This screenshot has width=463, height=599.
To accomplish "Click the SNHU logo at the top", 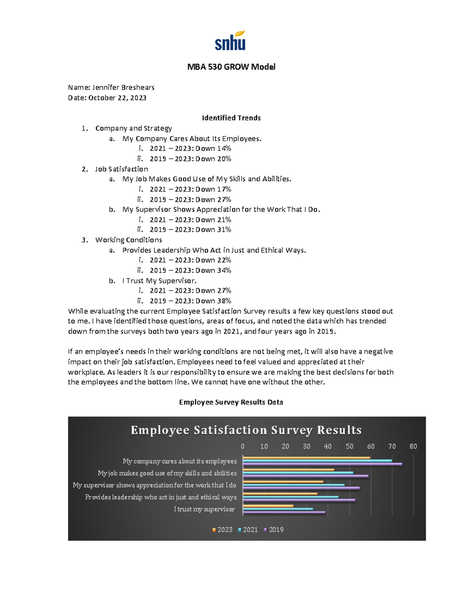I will [230, 40].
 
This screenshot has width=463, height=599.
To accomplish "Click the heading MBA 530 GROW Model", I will [231, 67].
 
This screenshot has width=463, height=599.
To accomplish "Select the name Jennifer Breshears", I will [123, 88].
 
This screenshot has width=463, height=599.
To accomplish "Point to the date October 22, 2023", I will [117, 98].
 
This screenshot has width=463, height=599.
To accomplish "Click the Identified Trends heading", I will [231, 118].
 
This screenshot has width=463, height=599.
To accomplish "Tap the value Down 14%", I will [213, 148].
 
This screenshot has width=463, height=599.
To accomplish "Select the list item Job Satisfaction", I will [122, 169].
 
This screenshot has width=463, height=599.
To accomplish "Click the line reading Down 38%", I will [213, 301].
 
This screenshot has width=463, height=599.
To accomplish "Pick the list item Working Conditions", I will [128, 240].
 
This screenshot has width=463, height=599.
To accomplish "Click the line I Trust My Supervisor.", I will [159, 281].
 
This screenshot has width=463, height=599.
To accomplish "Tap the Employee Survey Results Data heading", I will [231, 402].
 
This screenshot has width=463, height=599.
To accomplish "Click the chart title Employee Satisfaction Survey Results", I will [246, 430].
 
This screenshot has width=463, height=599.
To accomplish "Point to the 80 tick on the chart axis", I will [413, 446].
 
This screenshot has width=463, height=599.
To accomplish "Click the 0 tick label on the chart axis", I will [243, 446].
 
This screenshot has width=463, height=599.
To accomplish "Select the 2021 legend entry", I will [248, 530].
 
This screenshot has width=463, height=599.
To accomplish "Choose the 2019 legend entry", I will [274, 530].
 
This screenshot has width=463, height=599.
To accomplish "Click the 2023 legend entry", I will [223, 530].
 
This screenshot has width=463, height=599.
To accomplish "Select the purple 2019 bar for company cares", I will [322, 464].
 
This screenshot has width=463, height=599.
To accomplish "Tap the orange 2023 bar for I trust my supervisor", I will [268, 506].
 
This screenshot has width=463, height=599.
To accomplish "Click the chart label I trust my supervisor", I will [204, 509].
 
